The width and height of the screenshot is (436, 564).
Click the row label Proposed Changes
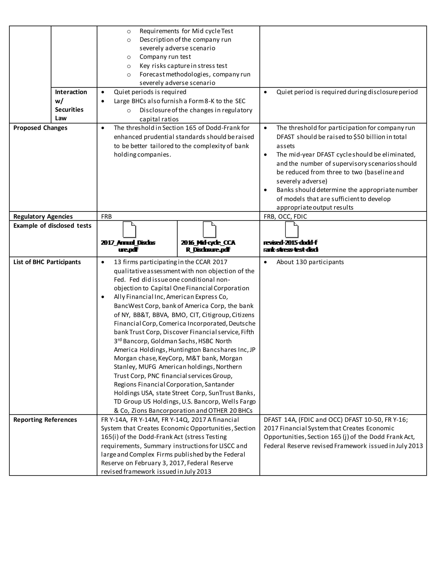40,128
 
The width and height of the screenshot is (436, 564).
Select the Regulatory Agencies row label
43,216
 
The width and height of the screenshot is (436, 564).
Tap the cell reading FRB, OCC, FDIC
285,216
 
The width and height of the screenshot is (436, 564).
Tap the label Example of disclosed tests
52,225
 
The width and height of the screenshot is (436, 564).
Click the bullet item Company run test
165,57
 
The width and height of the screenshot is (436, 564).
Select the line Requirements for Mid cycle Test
186,31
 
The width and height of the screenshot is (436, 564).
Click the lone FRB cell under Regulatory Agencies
106,216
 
